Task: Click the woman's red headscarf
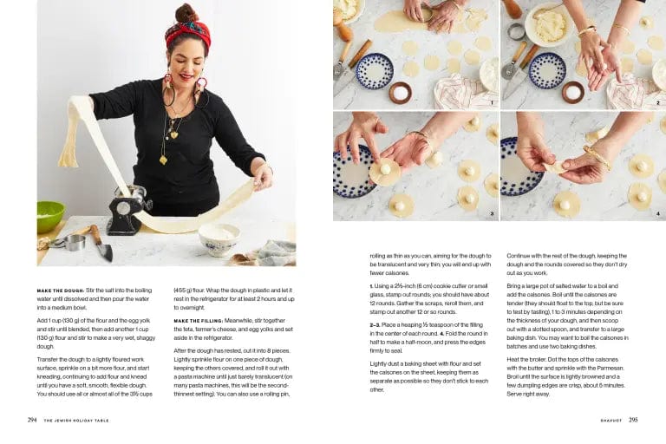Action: click(187, 33)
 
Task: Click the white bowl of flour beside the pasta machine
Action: click(219, 237)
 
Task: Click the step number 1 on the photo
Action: click(491, 102)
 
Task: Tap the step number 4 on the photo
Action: click(657, 212)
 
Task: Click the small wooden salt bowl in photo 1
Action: click(400, 92)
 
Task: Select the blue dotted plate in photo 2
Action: click(546, 70)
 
